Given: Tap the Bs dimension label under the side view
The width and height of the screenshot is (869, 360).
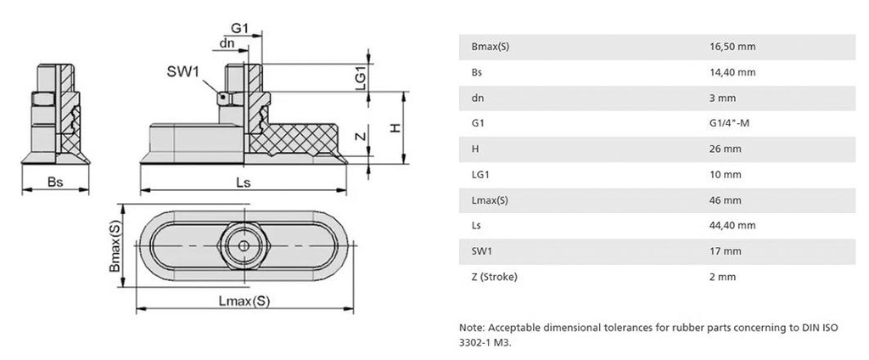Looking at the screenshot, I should (54, 182).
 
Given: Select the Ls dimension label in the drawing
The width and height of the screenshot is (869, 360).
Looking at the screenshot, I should (244, 182).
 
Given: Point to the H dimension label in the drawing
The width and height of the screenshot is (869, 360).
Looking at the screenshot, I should (394, 127).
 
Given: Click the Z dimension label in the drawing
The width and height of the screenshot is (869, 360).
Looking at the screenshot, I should (361, 136).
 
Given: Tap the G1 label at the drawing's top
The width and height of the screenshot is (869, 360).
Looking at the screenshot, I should (239, 28).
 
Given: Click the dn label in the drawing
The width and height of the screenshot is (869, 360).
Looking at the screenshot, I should (227, 42).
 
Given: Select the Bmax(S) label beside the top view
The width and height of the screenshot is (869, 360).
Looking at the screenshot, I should (115, 245).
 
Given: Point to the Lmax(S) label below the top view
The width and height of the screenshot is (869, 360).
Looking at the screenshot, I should (244, 301).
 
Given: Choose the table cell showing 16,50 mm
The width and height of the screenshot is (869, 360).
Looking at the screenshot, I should (732, 47).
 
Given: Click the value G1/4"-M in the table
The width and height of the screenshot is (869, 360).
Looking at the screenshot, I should (730, 123).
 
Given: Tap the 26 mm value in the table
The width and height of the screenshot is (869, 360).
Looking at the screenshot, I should (725, 149).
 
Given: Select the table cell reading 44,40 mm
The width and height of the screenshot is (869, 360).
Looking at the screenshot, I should (732, 225).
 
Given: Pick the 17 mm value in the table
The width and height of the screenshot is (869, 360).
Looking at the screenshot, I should (725, 250).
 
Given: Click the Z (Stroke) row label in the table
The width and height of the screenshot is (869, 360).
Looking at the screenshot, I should (494, 276).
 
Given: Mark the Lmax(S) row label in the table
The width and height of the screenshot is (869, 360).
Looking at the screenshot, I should (490, 200).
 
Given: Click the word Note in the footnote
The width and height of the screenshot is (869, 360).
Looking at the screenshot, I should (470, 327).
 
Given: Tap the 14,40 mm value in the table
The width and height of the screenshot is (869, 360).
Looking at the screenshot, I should (732, 72).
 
